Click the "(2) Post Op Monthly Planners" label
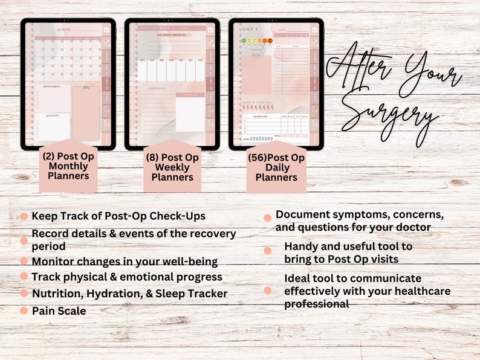(68, 166)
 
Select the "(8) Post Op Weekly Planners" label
(172, 167)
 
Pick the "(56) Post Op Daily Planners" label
(276, 167)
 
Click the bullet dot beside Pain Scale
(24, 310)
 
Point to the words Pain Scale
(59, 310)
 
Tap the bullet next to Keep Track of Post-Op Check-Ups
(24, 216)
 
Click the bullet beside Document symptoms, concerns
(267, 218)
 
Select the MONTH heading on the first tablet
(63, 29)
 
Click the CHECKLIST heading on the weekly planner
(157, 88)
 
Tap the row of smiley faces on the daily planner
(257, 41)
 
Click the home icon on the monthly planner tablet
(106, 30)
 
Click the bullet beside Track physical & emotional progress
(24, 276)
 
